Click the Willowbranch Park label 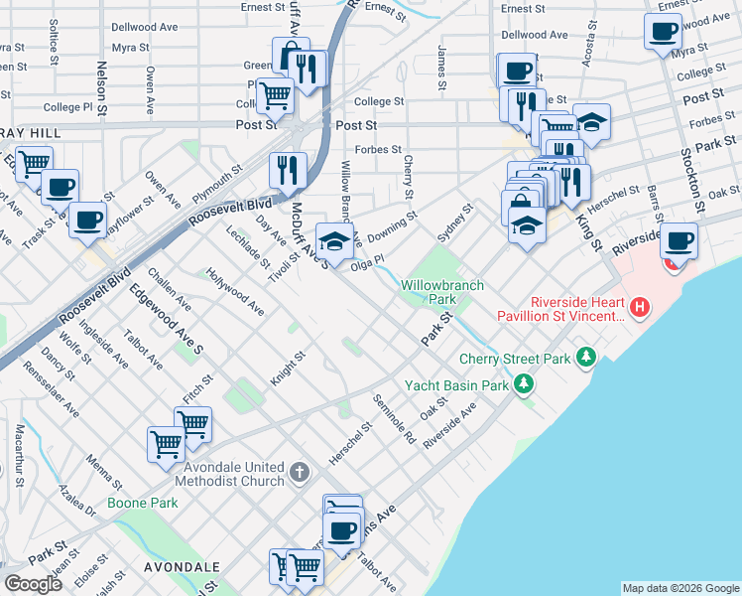(x=442, y=292)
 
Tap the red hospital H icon (x=640, y=309)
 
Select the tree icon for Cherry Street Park (x=586, y=357)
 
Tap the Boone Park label (x=144, y=503)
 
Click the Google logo (x=34, y=584)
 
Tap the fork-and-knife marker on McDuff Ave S (x=288, y=169)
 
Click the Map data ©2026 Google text (x=680, y=588)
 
